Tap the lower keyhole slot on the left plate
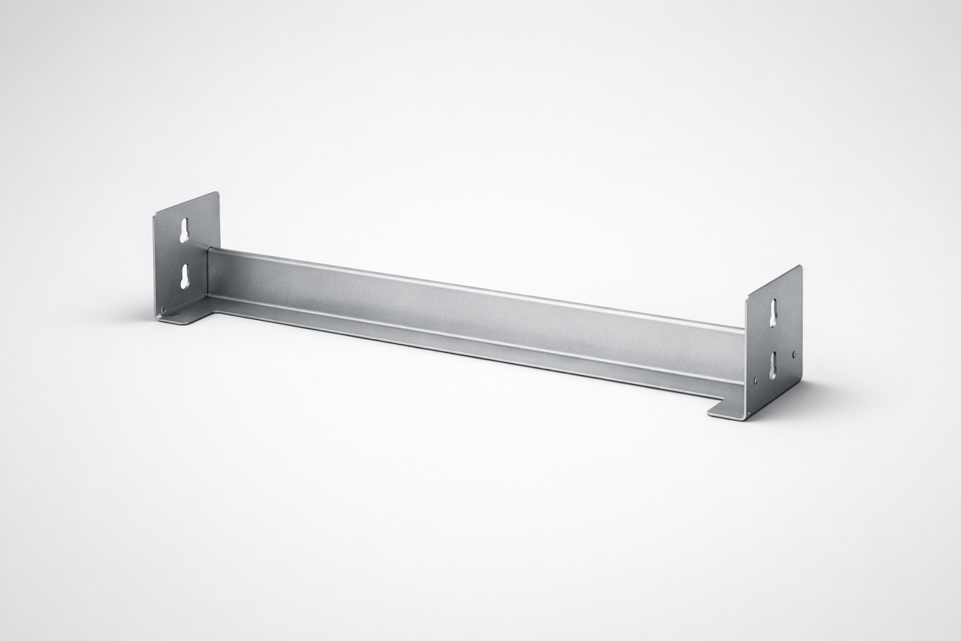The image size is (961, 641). [x=186, y=275]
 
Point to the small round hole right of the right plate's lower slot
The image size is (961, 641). [x=794, y=354]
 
